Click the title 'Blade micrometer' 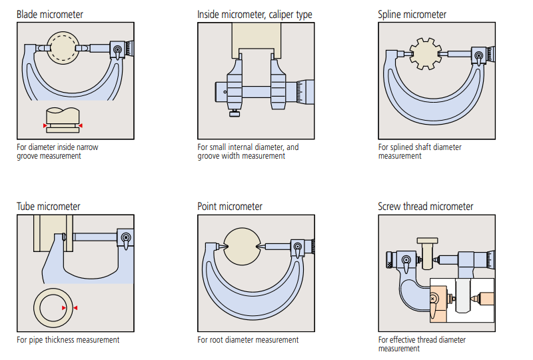(x=50, y=14)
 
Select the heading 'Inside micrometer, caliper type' (x=255, y=14)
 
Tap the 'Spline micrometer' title (x=412, y=14)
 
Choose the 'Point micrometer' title (x=230, y=207)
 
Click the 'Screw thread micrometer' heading (x=425, y=207)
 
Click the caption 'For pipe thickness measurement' (x=68, y=340)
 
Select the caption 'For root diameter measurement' (x=248, y=340)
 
